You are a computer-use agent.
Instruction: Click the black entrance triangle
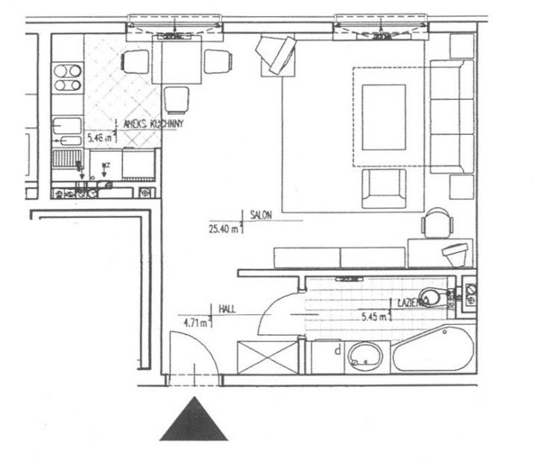point(194,421)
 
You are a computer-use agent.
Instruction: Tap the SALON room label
point(262,214)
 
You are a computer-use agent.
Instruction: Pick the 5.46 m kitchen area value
point(101,138)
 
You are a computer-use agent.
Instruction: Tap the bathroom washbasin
point(366,357)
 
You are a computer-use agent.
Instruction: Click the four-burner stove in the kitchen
point(67,77)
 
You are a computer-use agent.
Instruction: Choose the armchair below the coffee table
point(385,188)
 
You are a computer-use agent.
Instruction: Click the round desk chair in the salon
point(437,222)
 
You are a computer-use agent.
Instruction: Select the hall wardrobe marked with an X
point(266,357)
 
